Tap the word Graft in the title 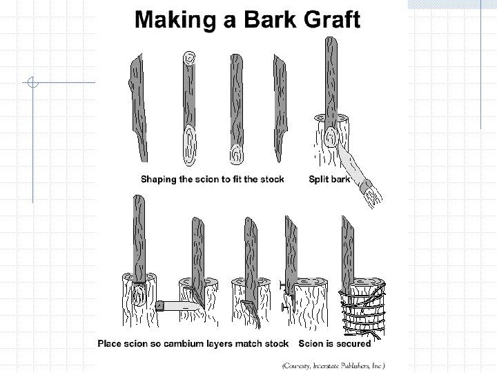[332, 19]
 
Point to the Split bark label [330, 179]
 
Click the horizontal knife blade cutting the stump [182, 307]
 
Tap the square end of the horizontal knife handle [159, 306]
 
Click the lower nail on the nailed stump [284, 307]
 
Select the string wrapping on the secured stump [362, 311]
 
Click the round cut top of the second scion [189, 58]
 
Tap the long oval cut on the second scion [190, 144]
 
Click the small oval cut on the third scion [237, 154]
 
